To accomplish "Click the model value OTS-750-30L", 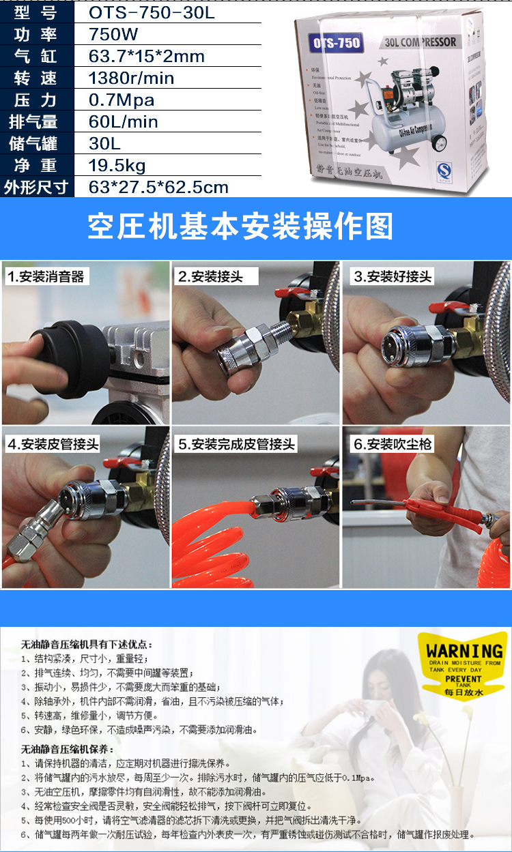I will [x=152, y=13].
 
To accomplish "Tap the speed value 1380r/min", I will [x=131, y=78].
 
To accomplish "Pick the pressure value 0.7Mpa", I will [x=122, y=100].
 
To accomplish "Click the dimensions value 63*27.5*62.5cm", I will [x=158, y=188].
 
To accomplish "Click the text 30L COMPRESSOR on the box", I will [x=421, y=42].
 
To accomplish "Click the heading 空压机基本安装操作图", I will [x=240, y=226].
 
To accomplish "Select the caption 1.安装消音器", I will [x=46, y=276].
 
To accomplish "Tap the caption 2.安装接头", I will [x=210, y=276].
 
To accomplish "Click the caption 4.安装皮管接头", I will [x=53, y=444].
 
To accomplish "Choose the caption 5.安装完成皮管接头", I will [x=236, y=444].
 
